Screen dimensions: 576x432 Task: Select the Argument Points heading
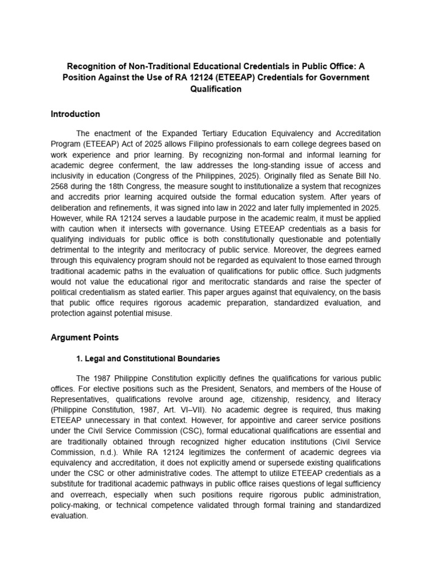(x=84, y=337)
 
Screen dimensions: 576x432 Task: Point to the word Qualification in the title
(x=216, y=89)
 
